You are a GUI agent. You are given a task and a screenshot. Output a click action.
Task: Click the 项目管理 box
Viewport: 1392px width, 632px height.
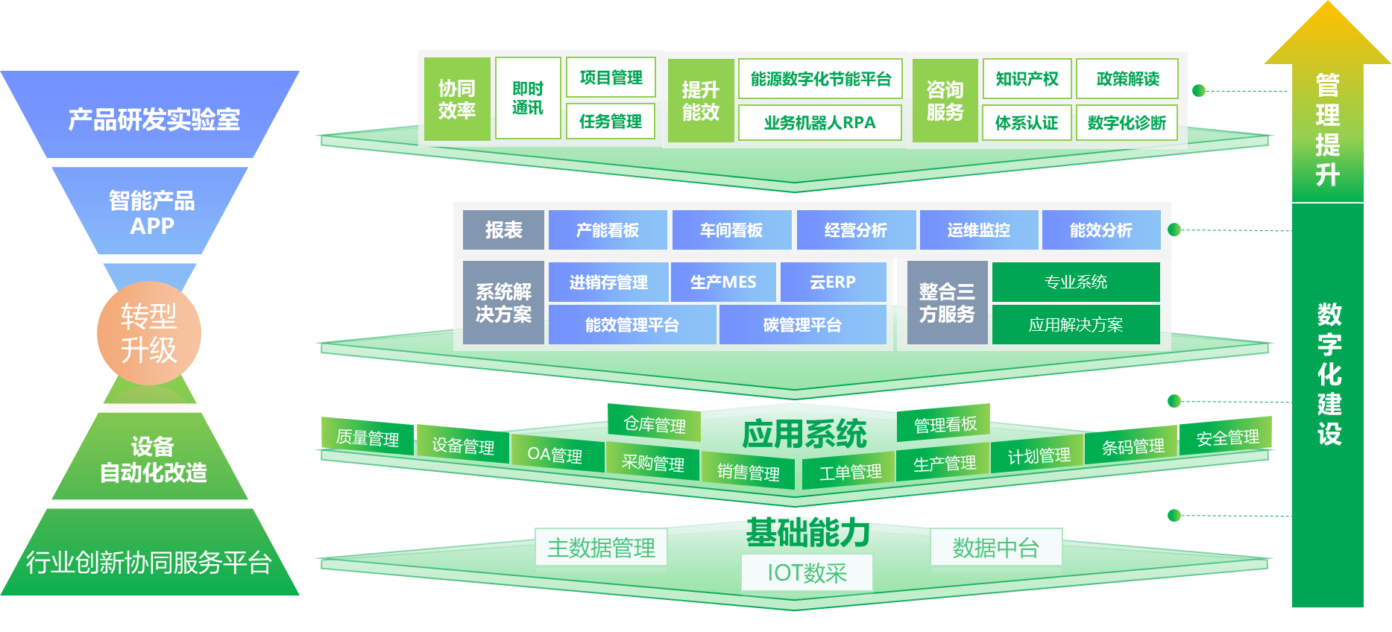(x=611, y=78)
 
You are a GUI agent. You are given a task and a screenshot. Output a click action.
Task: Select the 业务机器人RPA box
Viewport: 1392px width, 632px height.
(x=819, y=123)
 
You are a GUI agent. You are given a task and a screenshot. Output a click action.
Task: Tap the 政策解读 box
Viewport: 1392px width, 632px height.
(x=1127, y=79)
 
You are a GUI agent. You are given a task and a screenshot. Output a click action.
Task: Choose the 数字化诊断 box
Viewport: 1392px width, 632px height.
(x=1127, y=123)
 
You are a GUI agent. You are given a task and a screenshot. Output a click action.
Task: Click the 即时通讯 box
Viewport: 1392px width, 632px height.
(x=527, y=98)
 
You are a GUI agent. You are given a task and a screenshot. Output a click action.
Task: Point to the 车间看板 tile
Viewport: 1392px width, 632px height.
(x=731, y=230)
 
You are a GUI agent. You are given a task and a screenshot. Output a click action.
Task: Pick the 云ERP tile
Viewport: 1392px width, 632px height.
(x=832, y=282)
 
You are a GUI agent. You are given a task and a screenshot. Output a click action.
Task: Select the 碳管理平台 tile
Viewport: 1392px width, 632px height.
(x=802, y=325)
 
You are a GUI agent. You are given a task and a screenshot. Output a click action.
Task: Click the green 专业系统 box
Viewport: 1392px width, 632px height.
(x=1075, y=282)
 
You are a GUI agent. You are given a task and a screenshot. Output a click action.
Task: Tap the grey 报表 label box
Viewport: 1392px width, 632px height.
(x=503, y=230)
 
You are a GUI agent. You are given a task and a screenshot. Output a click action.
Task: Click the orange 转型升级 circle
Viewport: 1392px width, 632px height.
(x=149, y=333)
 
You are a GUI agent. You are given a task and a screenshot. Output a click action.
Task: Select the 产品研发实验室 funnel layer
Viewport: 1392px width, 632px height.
(x=153, y=119)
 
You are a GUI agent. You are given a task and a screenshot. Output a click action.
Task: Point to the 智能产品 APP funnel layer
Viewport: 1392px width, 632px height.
(x=151, y=212)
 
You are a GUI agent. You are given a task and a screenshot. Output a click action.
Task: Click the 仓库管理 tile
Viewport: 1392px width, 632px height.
(x=654, y=425)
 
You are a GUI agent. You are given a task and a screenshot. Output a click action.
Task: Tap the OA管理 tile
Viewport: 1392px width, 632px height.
(x=555, y=455)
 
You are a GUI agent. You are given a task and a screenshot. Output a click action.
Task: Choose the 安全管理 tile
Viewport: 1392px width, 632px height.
(x=1226, y=437)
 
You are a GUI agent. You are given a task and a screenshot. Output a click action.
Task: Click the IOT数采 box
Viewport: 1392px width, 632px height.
(x=807, y=573)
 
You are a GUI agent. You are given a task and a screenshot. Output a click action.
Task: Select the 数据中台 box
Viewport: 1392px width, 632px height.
(x=995, y=549)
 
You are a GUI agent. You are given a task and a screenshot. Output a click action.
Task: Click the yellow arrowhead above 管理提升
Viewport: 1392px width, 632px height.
(x=1327, y=34)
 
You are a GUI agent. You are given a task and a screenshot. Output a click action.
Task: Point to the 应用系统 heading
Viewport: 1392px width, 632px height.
(x=804, y=434)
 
